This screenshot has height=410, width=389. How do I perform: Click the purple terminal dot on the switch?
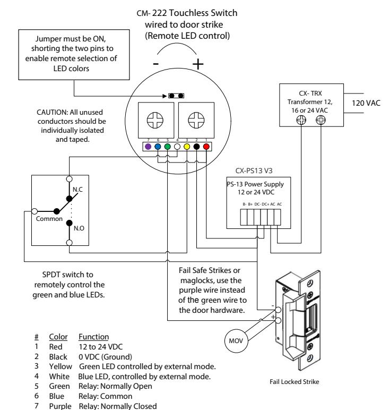[148, 147]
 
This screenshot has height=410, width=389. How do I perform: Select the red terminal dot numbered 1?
[206, 147]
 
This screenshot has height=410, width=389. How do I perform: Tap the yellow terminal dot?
[187, 147]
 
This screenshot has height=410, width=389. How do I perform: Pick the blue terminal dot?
[158, 147]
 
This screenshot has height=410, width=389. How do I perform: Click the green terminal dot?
[168, 147]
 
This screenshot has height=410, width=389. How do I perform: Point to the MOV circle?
[236, 340]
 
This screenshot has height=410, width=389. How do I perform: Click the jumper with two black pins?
[176, 96]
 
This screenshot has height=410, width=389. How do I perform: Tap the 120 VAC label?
[366, 103]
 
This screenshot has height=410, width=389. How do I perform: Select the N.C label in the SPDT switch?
[77, 189]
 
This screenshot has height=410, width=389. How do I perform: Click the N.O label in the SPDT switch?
[79, 228]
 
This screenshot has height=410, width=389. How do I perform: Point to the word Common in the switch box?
[49, 219]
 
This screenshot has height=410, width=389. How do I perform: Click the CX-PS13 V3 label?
[254, 171]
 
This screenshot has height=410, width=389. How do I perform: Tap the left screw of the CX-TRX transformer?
[301, 120]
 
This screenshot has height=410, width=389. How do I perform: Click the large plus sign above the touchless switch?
[198, 64]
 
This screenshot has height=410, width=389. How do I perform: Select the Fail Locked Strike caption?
[294, 382]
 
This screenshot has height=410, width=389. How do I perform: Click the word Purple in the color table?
[60, 406]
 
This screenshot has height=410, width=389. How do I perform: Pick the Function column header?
[93, 337]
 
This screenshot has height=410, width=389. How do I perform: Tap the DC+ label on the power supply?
[265, 204]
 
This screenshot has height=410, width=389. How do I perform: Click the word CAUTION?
[52, 112]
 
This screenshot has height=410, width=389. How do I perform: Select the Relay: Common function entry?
[105, 396]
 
